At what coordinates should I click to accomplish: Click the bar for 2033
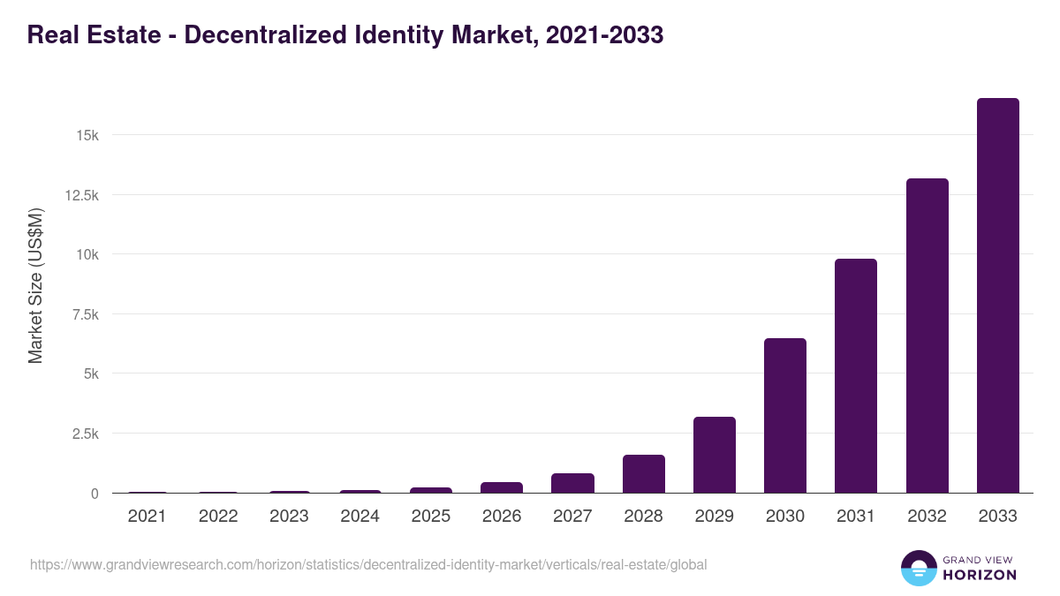[x=997, y=296]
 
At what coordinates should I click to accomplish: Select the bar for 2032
[x=927, y=336]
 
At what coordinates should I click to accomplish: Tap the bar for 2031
[x=856, y=376]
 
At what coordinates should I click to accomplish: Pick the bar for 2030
[x=784, y=416]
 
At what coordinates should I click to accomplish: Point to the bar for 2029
[x=714, y=455]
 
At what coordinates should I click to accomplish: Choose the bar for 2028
[x=643, y=474]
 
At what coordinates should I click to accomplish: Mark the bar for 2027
[x=572, y=483]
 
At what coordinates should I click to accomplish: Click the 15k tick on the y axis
[x=87, y=135]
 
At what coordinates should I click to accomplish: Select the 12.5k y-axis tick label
[x=81, y=195]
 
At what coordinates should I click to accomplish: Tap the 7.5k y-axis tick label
[x=84, y=314]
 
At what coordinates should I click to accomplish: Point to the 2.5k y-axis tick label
[x=84, y=434]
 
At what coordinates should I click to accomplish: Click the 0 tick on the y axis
[x=94, y=494]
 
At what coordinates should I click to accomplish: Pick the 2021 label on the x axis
[x=147, y=517]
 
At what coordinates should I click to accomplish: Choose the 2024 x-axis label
[x=360, y=517]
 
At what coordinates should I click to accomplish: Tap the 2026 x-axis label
[x=502, y=517]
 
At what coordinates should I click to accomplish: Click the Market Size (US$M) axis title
[x=35, y=285]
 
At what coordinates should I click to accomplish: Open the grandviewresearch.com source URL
[x=368, y=564]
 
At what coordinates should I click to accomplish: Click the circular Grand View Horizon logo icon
[x=918, y=568]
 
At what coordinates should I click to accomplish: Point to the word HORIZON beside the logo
[x=980, y=575]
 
